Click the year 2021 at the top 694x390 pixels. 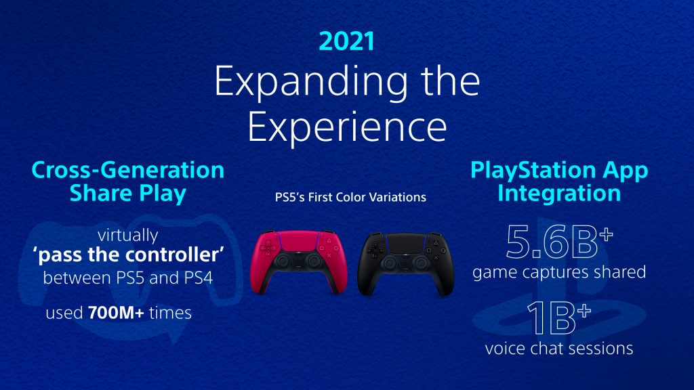(x=346, y=41)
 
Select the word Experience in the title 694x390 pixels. (x=346, y=127)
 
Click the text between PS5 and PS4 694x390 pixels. (x=127, y=278)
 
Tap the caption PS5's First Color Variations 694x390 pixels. (x=346, y=198)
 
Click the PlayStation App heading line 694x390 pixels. (x=559, y=170)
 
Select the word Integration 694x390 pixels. (x=559, y=194)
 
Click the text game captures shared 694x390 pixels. (x=559, y=272)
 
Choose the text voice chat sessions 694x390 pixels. (x=559, y=349)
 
